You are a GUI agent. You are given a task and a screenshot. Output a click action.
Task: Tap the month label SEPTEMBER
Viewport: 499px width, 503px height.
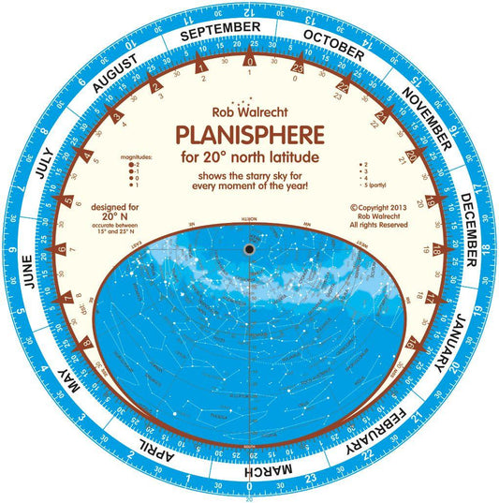point(220,32)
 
